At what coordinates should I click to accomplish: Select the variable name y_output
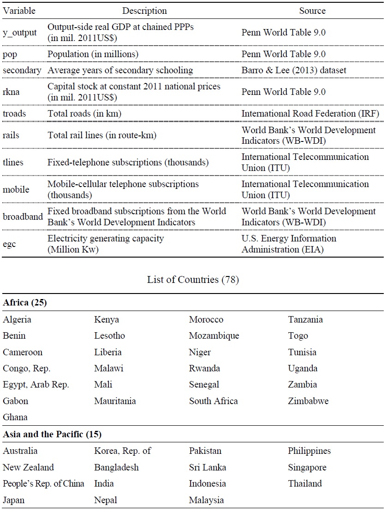[x=19, y=33]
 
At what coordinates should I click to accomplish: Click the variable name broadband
[x=23, y=217]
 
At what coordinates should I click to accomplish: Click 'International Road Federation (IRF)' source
[x=310, y=114]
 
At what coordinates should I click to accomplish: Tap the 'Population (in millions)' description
[x=93, y=54]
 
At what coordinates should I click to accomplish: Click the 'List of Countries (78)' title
[x=193, y=280]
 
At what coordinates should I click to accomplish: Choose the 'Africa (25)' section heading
[x=25, y=303]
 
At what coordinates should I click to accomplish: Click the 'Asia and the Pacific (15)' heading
[x=52, y=434]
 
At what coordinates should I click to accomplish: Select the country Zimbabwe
[x=308, y=401]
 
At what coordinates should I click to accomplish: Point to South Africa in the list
[x=213, y=401]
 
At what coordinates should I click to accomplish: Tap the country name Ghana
[x=15, y=417]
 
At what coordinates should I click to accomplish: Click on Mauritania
[x=115, y=401]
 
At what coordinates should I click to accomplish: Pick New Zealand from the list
[x=28, y=467]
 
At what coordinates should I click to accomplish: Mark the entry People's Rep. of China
[x=43, y=483]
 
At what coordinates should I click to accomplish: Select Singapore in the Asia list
[x=307, y=467]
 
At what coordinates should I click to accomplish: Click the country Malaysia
[x=206, y=500]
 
